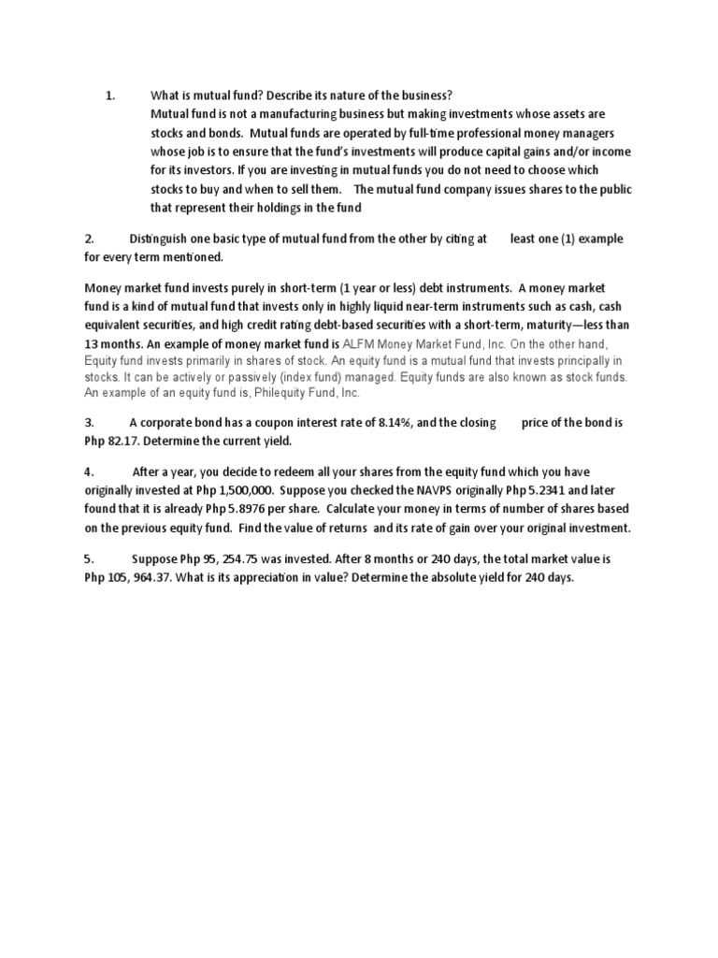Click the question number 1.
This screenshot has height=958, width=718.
click(x=109, y=95)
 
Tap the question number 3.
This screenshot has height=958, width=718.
click(x=88, y=423)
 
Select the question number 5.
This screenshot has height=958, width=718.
click(x=88, y=559)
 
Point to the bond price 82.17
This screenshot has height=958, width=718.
click(x=124, y=441)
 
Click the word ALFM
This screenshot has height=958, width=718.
click(x=363, y=343)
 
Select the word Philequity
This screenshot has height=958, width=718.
click(x=258, y=394)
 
